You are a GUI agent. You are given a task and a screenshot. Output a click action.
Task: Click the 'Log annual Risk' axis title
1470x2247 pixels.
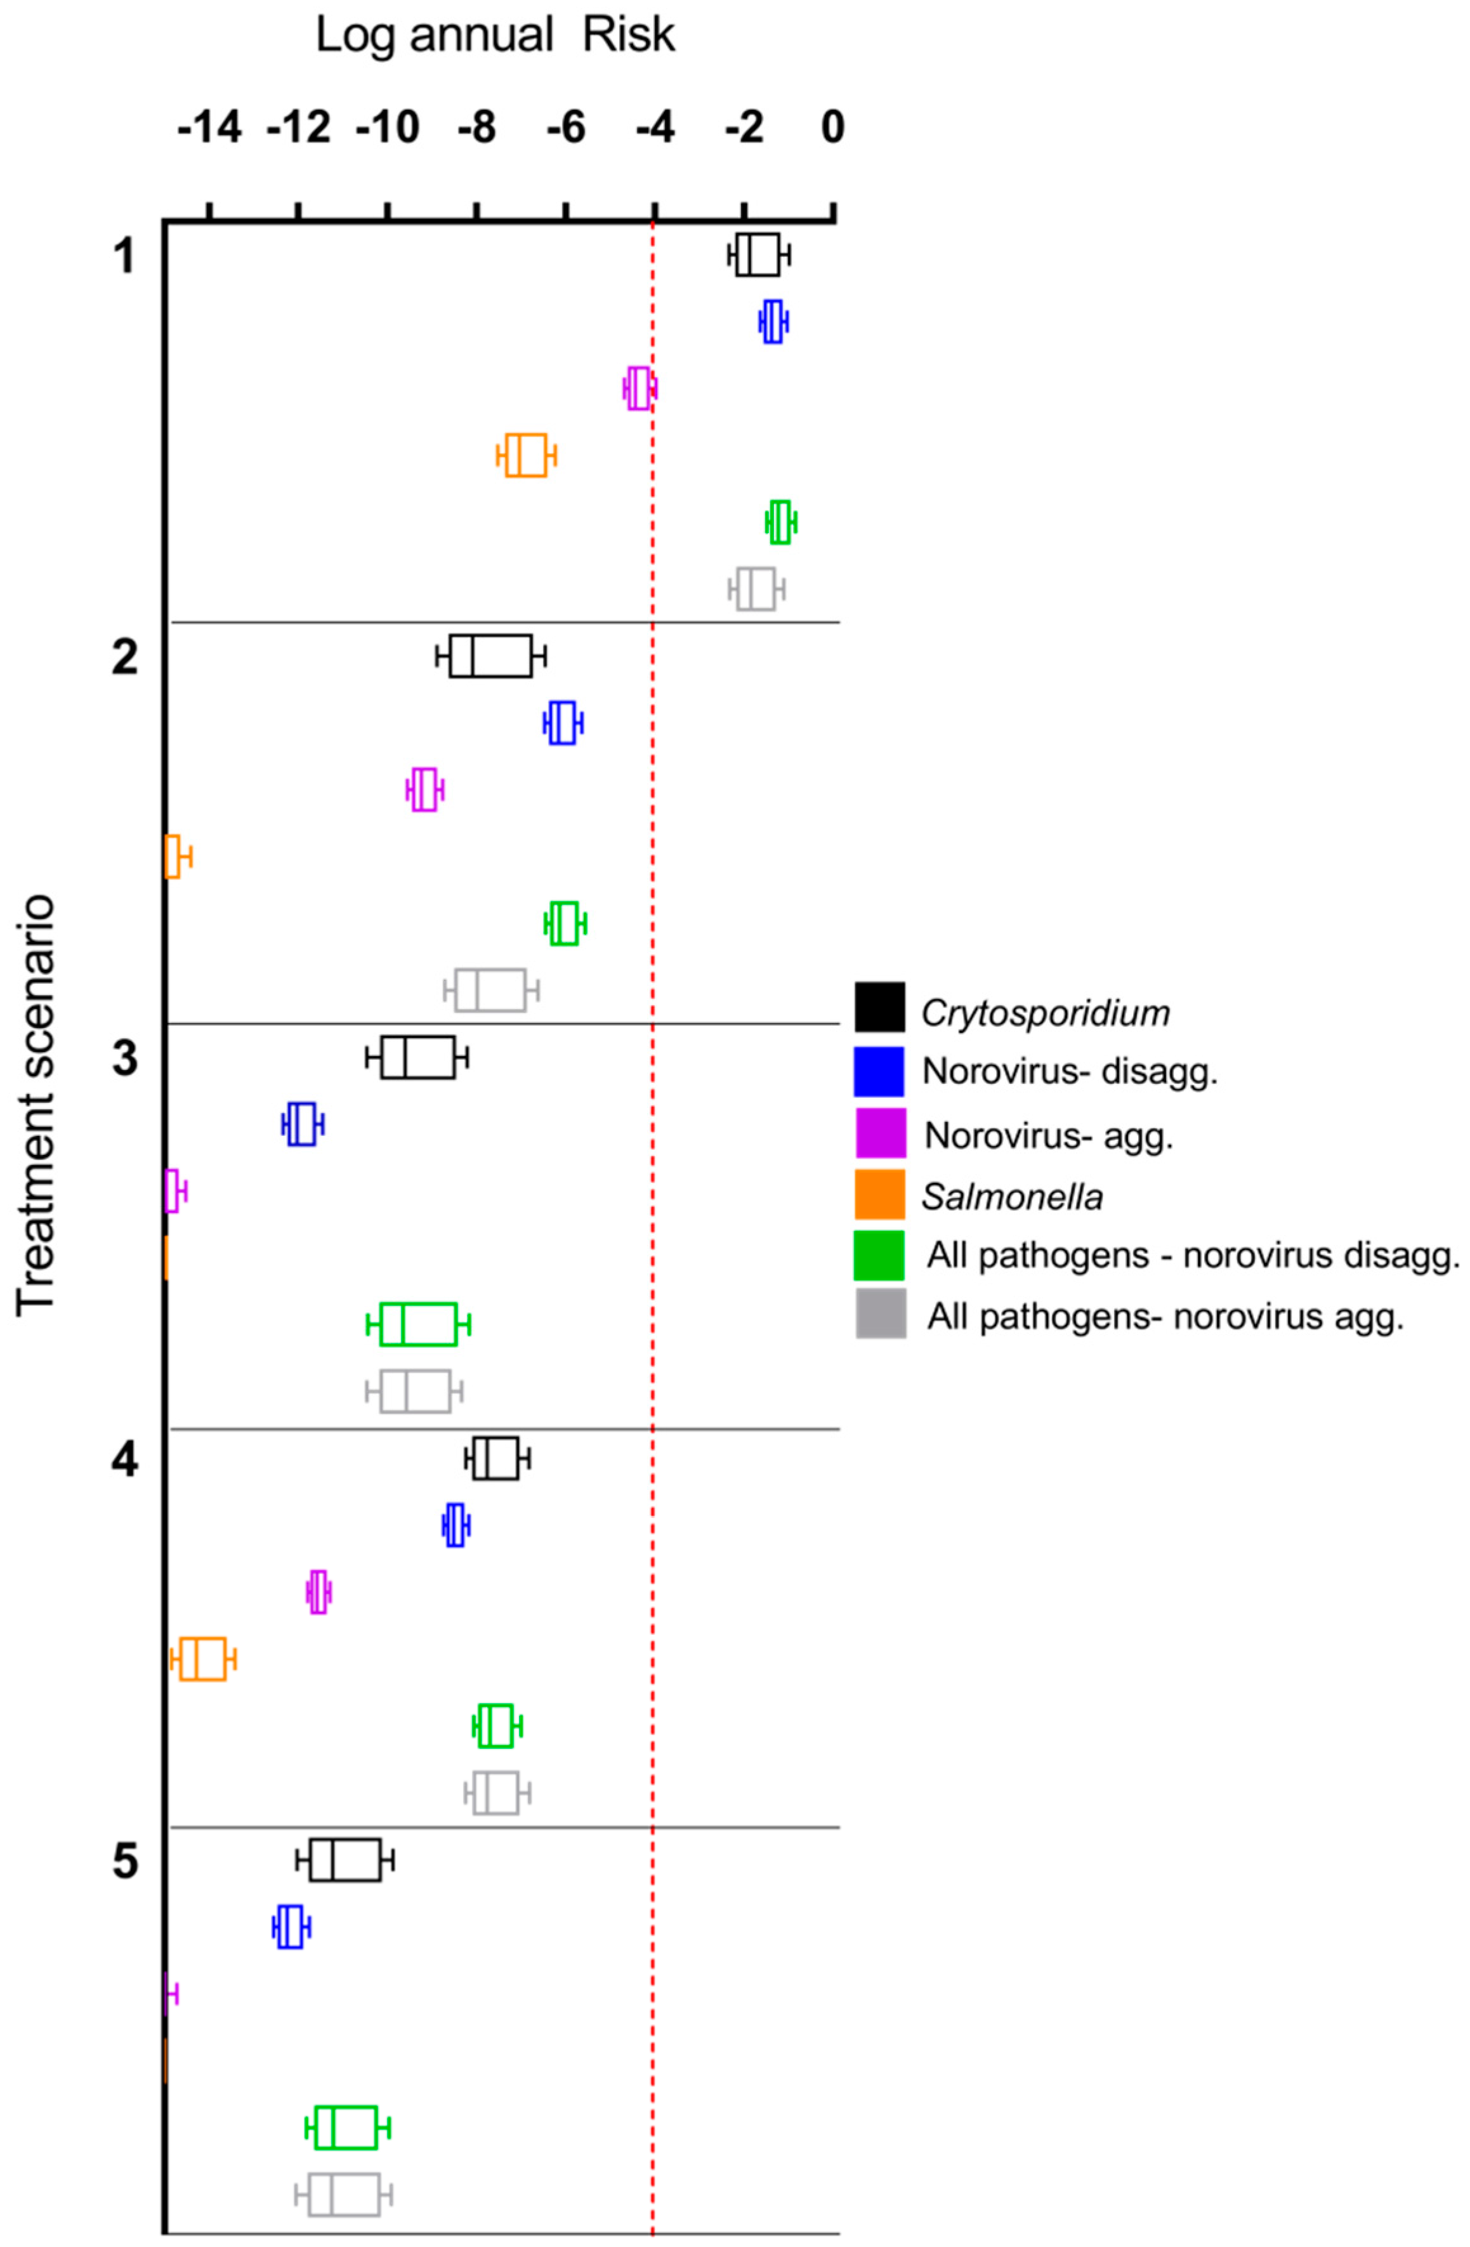495,36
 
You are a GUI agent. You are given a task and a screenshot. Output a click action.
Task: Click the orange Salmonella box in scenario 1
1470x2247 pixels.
526,455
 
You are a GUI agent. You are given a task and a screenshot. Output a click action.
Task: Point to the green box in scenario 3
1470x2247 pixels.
418,1324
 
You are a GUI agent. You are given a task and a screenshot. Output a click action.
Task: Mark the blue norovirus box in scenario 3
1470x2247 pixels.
302,1123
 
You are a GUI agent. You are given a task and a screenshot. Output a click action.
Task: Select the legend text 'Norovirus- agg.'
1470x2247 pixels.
1048,1135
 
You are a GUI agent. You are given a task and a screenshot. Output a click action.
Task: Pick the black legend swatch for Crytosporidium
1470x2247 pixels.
879,1006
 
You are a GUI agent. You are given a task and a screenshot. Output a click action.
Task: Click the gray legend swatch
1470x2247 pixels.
880,1314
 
